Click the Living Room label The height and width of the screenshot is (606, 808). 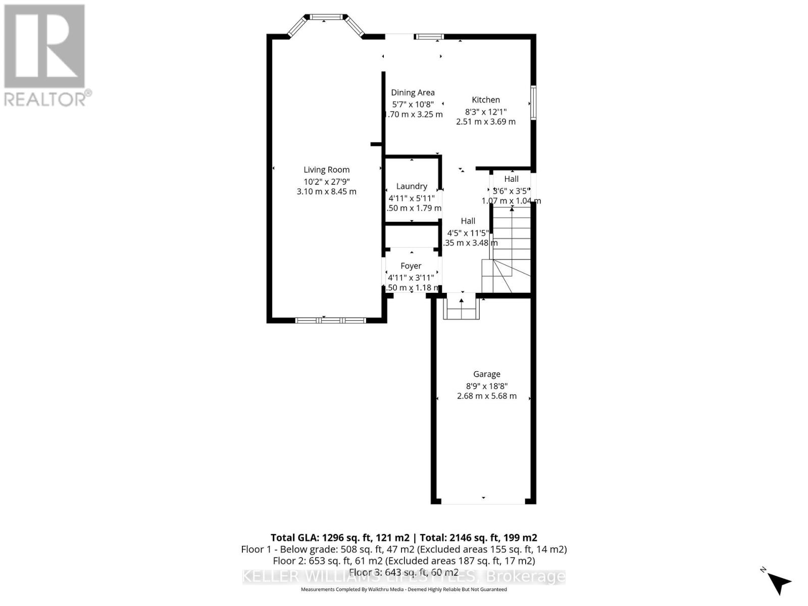click(326, 170)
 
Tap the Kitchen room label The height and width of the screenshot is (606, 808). click(486, 100)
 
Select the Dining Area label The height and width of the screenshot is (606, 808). click(413, 92)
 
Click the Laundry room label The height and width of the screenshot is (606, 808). click(412, 186)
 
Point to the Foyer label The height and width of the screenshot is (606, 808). click(411, 266)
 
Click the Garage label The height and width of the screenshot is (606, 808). click(486, 374)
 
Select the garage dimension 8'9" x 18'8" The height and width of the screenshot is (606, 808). click(486, 386)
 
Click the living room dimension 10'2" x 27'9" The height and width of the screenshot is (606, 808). click(326, 181)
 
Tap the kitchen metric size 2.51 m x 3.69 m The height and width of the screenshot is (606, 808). click(486, 122)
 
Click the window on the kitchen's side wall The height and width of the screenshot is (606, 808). click(533, 103)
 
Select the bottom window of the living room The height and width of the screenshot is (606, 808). click(330, 320)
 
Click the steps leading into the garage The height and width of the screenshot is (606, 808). click(461, 308)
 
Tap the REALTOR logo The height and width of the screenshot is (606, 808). click(45, 56)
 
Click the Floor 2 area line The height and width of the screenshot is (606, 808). click(403, 561)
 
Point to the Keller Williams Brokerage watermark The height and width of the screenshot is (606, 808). click(403, 576)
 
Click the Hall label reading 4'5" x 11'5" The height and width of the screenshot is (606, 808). click(468, 233)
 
